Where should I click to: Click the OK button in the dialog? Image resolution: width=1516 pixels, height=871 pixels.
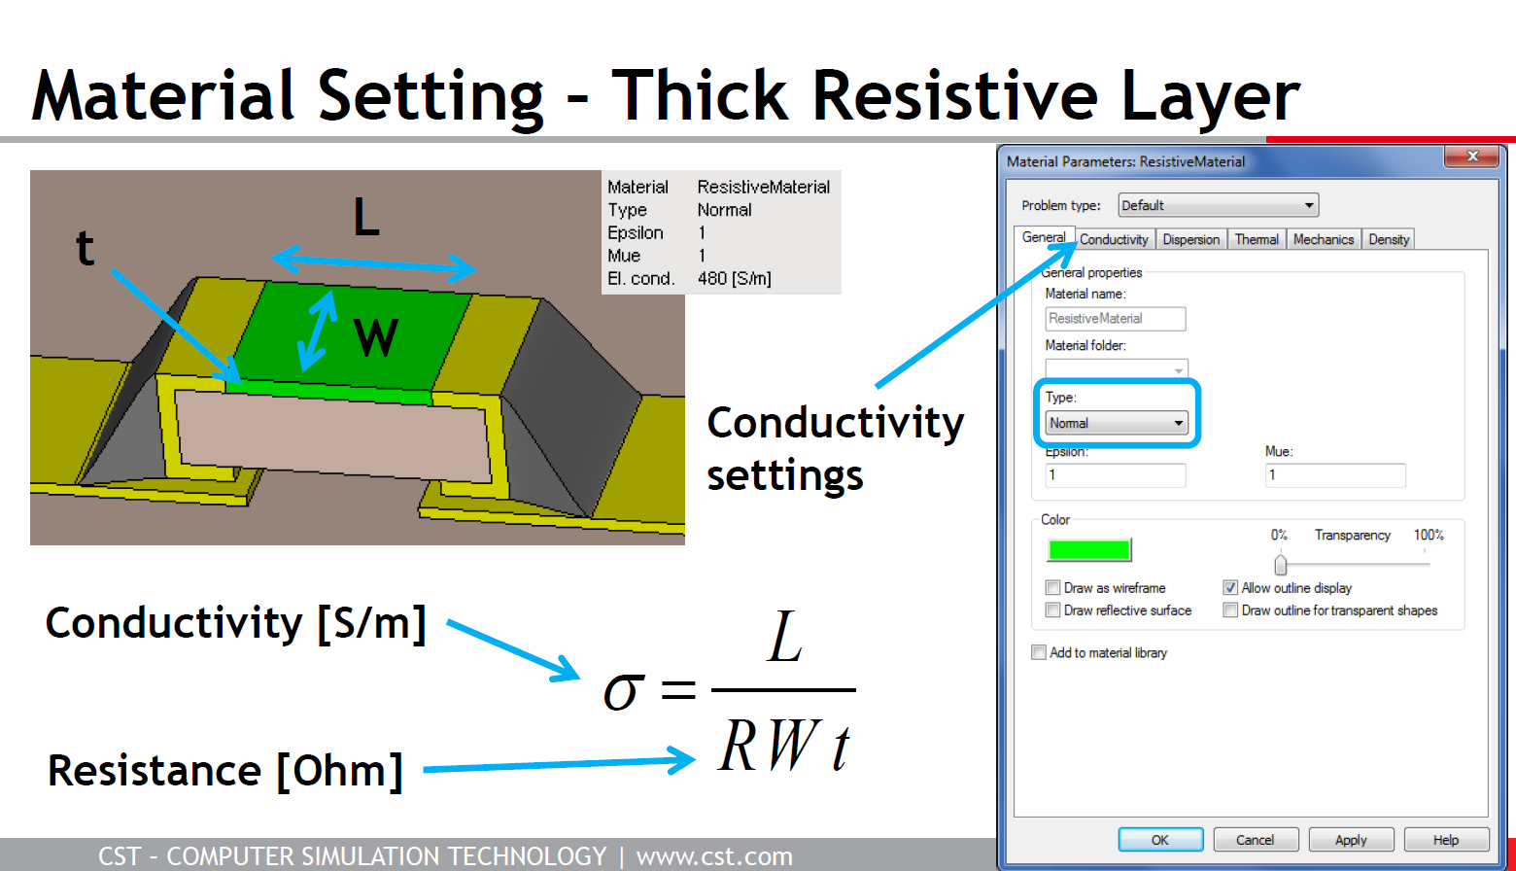(1160, 839)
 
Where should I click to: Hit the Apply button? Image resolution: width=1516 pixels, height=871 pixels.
(1351, 839)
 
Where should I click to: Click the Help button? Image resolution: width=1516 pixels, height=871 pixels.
(1446, 839)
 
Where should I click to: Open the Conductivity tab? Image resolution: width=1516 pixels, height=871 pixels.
(1114, 239)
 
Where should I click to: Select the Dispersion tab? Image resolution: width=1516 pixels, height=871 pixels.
(1191, 239)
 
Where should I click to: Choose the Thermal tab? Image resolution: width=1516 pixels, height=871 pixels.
(1257, 239)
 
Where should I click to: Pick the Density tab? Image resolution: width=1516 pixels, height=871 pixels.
(1388, 239)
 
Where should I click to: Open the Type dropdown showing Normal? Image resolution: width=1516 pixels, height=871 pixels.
(1117, 423)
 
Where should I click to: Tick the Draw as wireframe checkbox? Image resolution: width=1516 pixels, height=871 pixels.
(1052, 587)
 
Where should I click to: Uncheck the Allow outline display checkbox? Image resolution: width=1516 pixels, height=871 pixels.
(1230, 587)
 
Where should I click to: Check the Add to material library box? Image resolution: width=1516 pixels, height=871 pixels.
(1038, 652)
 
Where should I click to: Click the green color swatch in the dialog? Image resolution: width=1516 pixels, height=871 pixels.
(1089, 549)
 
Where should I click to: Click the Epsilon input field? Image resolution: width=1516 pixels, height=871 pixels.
(1116, 475)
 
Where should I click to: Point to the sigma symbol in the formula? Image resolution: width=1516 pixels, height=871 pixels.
(621, 692)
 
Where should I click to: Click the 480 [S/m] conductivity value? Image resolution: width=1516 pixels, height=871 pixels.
(735, 278)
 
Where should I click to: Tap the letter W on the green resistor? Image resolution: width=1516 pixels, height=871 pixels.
(376, 337)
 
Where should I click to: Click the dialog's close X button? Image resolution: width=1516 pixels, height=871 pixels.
(1472, 157)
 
